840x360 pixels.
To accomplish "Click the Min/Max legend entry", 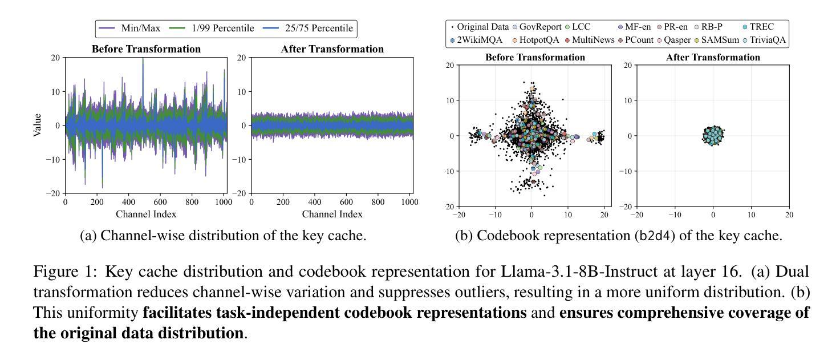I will point(131,29).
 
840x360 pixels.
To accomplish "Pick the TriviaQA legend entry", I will point(762,40).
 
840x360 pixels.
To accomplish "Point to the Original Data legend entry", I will point(480,27).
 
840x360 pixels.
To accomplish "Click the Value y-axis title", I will point(38,125).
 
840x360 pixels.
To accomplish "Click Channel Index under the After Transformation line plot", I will point(332,214).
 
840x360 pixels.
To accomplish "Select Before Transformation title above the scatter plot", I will point(535,57).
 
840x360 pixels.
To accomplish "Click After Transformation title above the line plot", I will point(332,49).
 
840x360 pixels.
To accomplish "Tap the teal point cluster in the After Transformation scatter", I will point(713,136).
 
